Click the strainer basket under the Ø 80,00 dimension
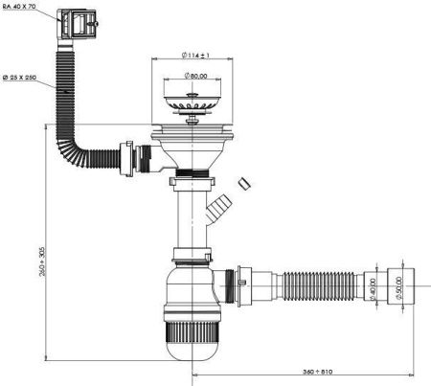(194, 99)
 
